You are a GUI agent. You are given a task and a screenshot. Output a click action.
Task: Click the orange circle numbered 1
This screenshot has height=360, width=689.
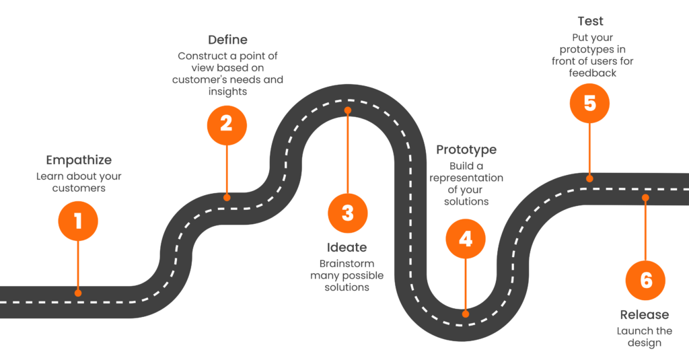pos(78,221)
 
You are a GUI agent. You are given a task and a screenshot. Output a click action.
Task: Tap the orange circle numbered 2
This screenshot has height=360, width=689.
pos(227,124)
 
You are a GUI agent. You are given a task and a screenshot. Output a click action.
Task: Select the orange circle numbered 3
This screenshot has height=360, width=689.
pos(347,213)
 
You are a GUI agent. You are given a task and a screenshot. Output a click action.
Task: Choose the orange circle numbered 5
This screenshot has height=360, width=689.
pos(589,104)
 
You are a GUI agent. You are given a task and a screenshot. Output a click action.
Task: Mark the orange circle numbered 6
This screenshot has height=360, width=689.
pos(645,280)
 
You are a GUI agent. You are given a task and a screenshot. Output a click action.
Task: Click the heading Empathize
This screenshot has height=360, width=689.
pos(79,160)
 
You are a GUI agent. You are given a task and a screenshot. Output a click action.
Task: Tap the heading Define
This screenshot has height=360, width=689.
pos(227,40)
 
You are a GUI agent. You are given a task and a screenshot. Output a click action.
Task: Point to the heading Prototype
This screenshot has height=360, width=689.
pos(466,149)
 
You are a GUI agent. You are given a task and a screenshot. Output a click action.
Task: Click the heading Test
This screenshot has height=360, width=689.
pos(590,21)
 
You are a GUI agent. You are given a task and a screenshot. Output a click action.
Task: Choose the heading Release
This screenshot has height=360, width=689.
pos(645,315)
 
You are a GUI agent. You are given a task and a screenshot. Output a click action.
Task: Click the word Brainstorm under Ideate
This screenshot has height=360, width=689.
pos(347,263)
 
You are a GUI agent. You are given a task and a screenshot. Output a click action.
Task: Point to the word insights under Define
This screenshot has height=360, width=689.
pos(226,92)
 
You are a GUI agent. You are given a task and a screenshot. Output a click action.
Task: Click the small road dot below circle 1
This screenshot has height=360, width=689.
pos(78,293)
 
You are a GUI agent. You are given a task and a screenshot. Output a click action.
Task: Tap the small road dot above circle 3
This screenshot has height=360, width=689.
pos(348,110)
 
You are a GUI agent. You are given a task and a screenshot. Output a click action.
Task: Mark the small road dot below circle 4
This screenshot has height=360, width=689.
pos(466,314)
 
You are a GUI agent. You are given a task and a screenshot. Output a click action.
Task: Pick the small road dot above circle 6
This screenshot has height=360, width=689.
pos(645,198)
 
